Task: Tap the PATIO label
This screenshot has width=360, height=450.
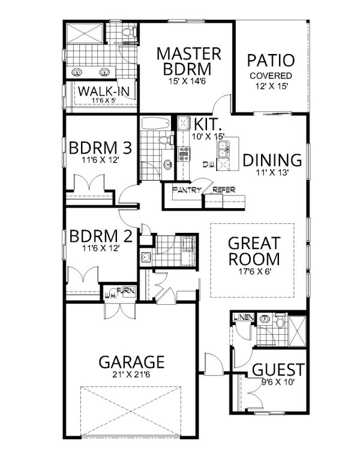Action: pos(271,61)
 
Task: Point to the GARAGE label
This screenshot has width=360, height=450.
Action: pos(131,362)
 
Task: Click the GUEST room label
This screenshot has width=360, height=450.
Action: pos(278,370)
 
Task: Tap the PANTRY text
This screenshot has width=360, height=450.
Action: pos(186,190)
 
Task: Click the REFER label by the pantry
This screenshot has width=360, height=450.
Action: pos(223,190)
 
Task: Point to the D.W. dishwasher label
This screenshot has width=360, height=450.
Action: pos(209,164)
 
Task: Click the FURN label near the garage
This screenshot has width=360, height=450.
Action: pos(125,290)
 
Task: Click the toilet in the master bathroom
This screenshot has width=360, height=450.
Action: pos(130,31)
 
